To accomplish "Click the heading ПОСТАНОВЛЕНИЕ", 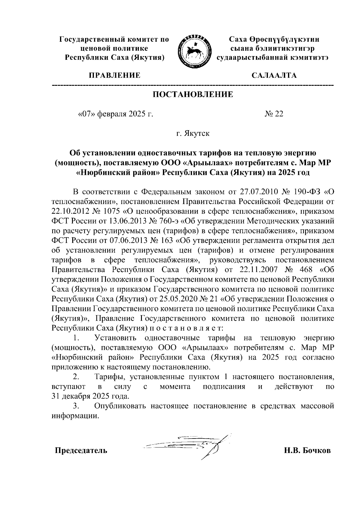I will (x=193, y=94).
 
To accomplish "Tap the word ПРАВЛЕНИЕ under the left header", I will (x=114, y=75).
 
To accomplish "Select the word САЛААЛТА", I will (x=274, y=75).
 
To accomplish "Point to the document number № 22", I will (x=274, y=114).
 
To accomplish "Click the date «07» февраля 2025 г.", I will (x=115, y=114).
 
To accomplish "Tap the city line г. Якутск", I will (x=193, y=133).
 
